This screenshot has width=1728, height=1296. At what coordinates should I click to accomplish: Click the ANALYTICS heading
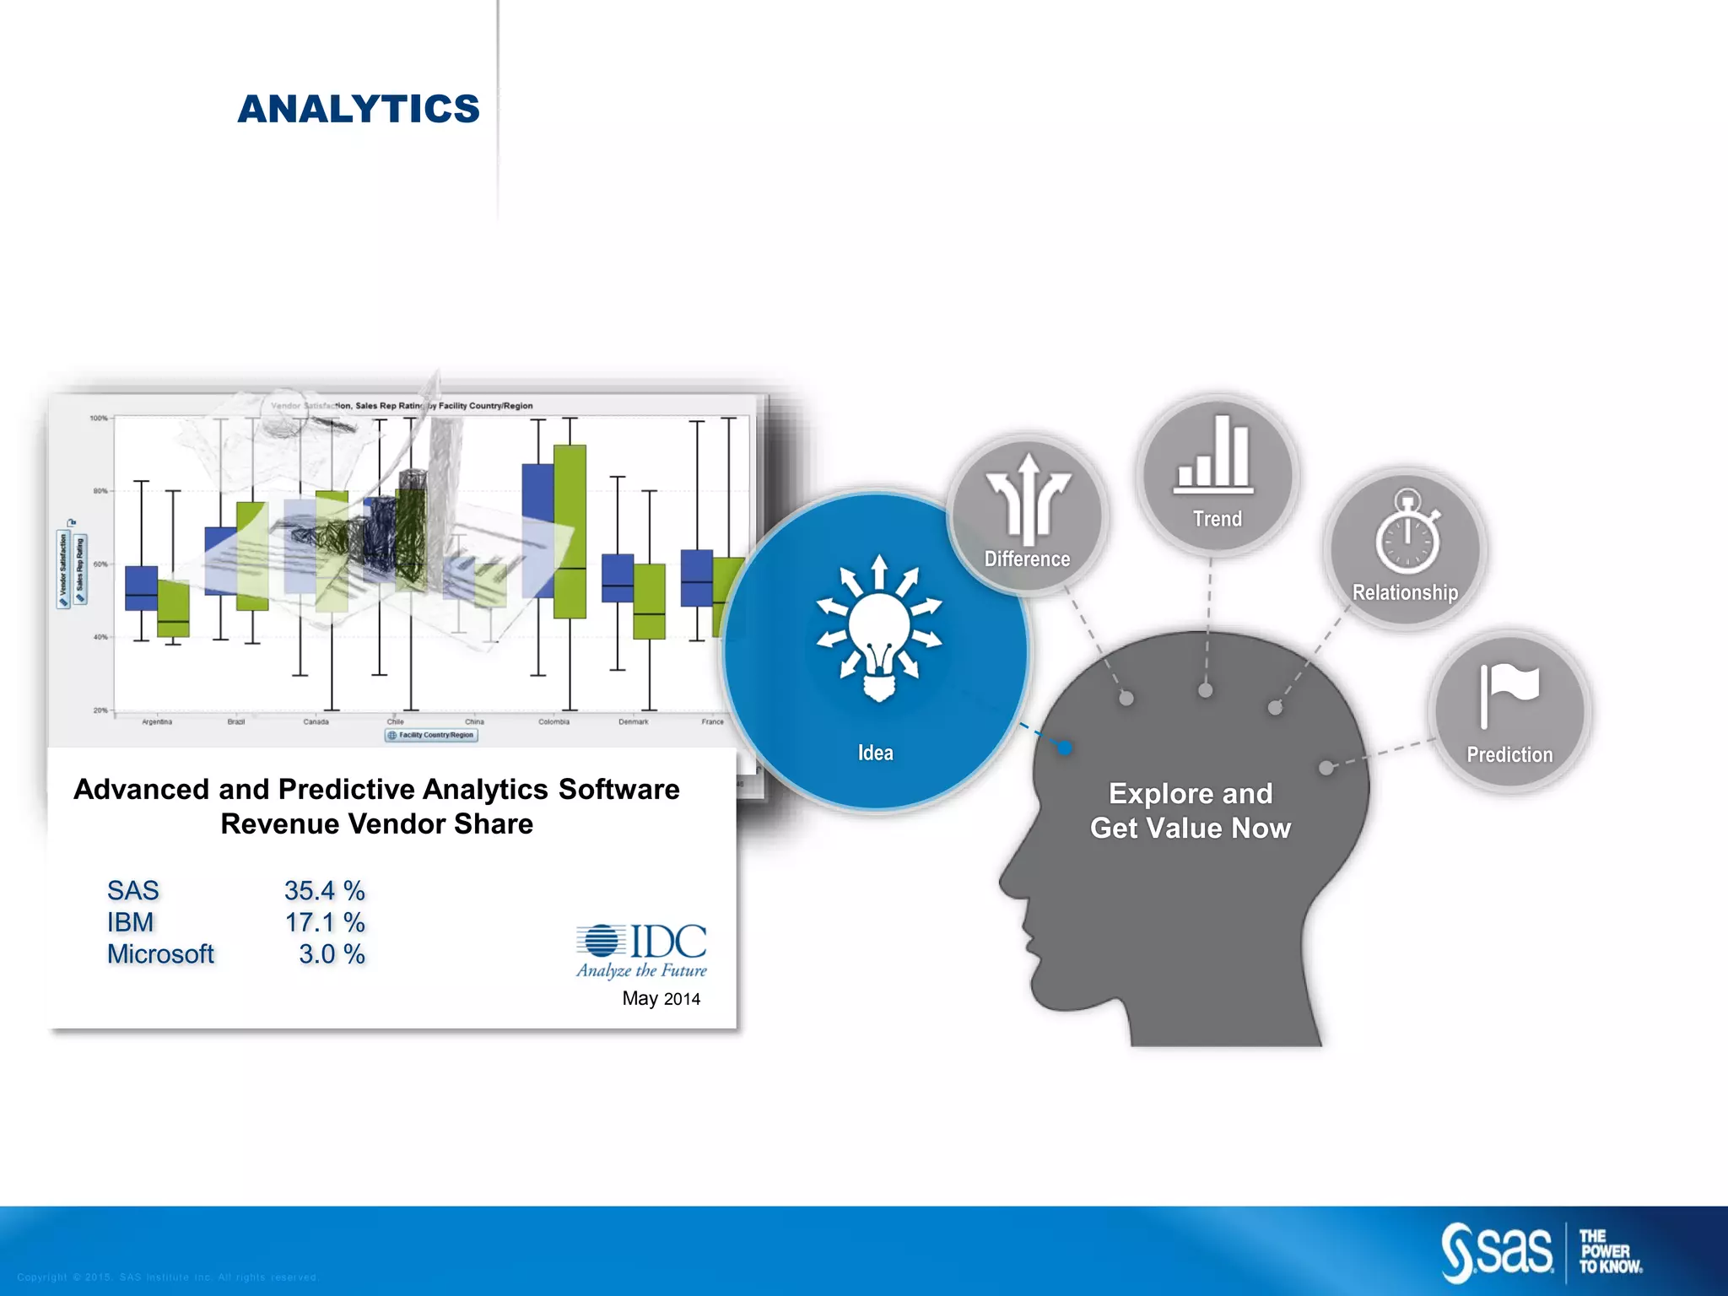click(x=359, y=110)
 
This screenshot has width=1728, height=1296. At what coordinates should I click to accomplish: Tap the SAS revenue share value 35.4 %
click(x=324, y=891)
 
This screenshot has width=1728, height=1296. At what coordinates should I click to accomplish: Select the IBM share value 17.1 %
click(x=324, y=922)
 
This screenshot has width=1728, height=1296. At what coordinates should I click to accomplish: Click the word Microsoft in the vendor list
click(x=160, y=954)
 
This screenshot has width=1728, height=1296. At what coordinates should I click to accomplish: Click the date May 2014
click(x=661, y=999)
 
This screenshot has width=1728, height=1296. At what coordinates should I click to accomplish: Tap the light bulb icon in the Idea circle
click(x=878, y=629)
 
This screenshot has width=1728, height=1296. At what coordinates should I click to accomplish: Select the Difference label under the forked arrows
click(x=1027, y=559)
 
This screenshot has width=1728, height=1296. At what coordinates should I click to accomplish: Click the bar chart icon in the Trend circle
click(x=1213, y=456)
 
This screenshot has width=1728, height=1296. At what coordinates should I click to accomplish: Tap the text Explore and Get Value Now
click(x=1190, y=811)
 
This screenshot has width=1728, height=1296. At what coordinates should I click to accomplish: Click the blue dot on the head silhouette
click(x=1065, y=748)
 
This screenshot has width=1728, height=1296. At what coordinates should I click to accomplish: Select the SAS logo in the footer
click(x=1497, y=1252)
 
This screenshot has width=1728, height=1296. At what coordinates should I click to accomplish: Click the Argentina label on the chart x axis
click(x=157, y=722)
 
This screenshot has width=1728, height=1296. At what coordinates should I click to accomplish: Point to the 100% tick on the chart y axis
click(x=99, y=418)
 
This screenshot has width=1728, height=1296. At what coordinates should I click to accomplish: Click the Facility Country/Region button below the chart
click(x=431, y=735)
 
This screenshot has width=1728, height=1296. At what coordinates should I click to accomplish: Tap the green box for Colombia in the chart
click(x=570, y=532)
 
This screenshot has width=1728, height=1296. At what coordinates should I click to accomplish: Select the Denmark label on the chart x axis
click(x=633, y=722)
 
